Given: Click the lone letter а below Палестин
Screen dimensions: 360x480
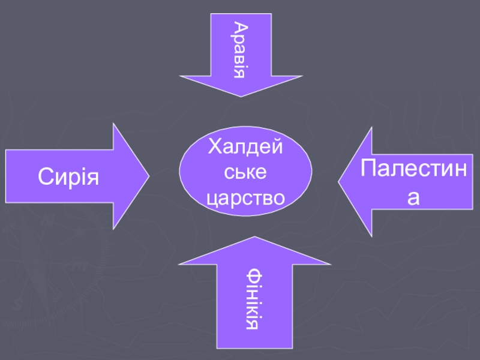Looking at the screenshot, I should tap(413, 198).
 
